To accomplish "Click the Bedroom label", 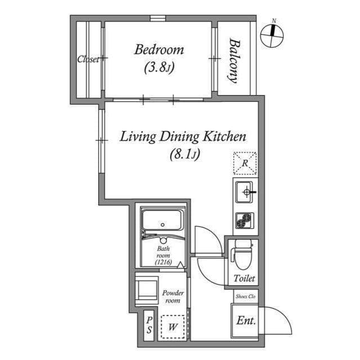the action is pyautogui.click(x=159, y=49).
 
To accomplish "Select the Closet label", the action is pyautogui.click(x=88, y=59).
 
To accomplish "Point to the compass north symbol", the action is pyautogui.click(x=272, y=36).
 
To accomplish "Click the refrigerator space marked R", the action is pyautogui.click(x=245, y=163).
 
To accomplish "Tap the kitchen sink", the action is pyautogui.click(x=245, y=192).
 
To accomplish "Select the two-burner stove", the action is pyautogui.click(x=245, y=220).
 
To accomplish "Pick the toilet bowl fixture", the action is pyautogui.click(x=242, y=254).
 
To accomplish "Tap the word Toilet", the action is pyautogui.click(x=244, y=278).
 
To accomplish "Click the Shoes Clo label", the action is pyautogui.click(x=245, y=296).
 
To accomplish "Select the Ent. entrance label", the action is pyautogui.click(x=246, y=321).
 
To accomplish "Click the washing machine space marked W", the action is pyautogui.click(x=173, y=327).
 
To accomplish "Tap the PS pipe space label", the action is pyautogui.click(x=149, y=325).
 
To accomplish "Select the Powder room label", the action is pyautogui.click(x=173, y=296).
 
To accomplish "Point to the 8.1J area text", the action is pyautogui.click(x=185, y=154).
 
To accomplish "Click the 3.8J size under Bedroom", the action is pyautogui.click(x=159, y=67).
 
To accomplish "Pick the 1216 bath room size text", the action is pyautogui.click(x=163, y=262).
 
